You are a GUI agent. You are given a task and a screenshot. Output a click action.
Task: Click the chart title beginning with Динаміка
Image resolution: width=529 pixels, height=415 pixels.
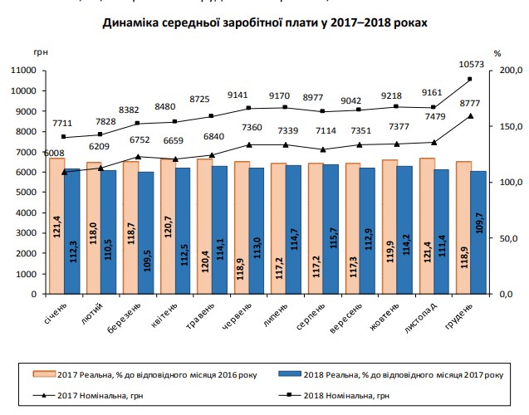(265, 23)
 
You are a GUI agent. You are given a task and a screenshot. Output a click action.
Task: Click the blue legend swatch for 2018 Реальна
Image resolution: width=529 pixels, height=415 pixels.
(294, 374)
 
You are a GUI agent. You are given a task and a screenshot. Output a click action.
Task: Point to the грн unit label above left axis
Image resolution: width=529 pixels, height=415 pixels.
(42, 53)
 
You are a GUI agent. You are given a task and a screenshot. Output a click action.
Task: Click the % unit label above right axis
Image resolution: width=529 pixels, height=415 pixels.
(497, 53)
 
